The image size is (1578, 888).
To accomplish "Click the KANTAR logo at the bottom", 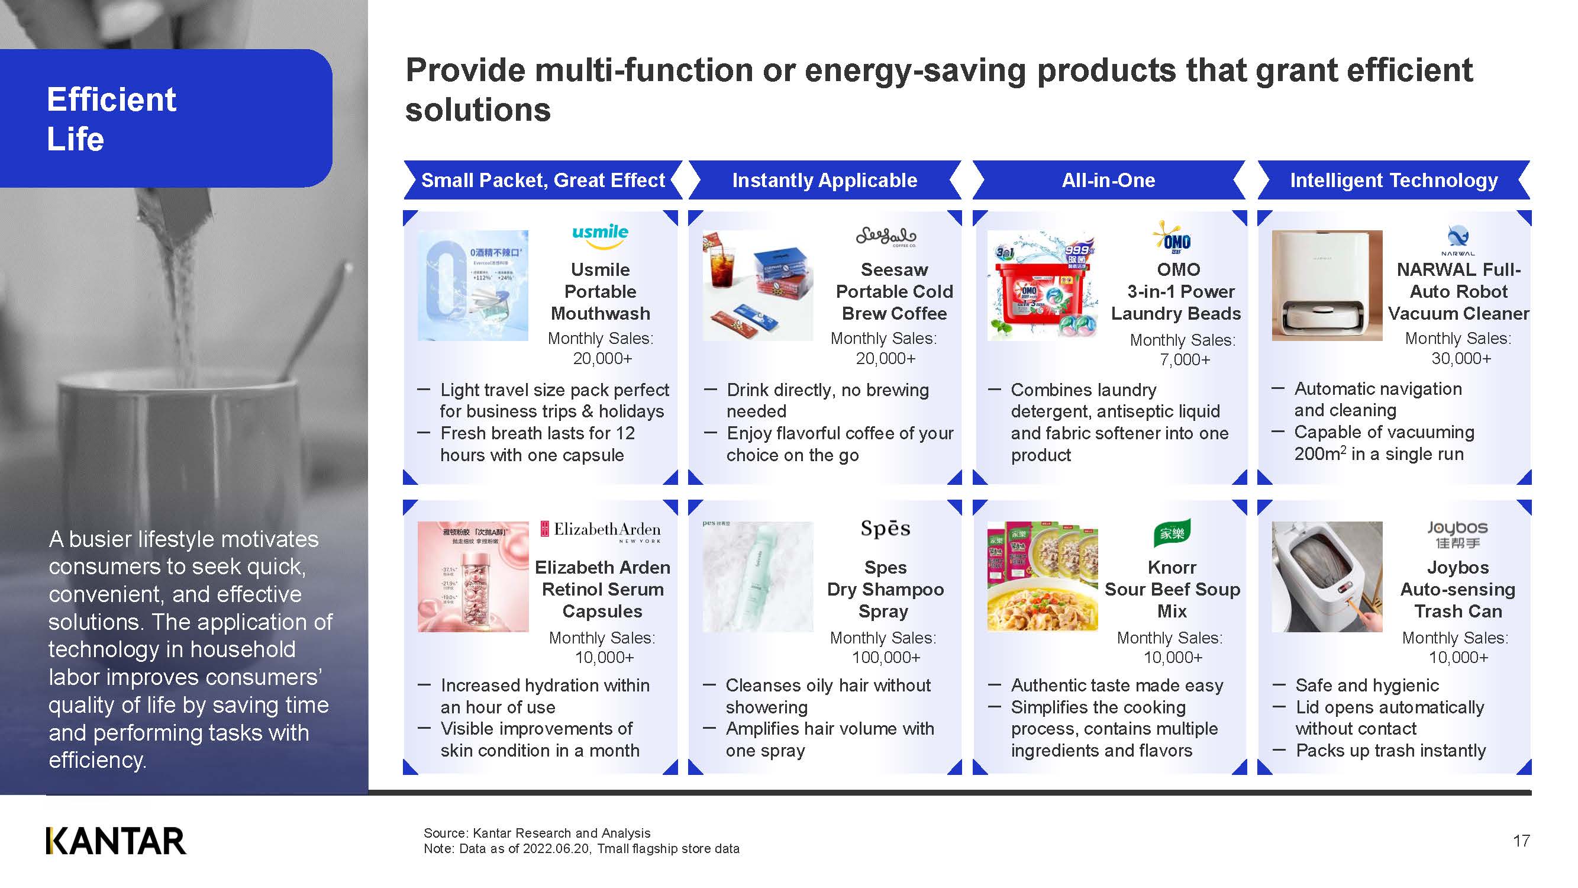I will click(x=115, y=841).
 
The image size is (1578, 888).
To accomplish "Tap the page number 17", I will click(x=1521, y=841).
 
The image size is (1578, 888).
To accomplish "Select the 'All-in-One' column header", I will click(x=1108, y=180).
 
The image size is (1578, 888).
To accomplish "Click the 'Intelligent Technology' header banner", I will click(x=1393, y=180).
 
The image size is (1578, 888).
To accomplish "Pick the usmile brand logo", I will click(x=600, y=236).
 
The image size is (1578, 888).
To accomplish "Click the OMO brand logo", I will click(x=1172, y=239).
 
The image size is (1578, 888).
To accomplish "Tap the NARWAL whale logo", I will click(x=1457, y=239).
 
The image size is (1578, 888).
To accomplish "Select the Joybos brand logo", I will click(x=1457, y=534).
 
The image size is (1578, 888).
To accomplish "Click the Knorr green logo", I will click(x=1172, y=533).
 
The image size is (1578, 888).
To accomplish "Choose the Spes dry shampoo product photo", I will click(x=758, y=577).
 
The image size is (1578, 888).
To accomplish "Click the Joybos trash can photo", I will click(x=1327, y=577).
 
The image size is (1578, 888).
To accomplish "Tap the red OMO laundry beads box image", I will click(x=1042, y=285).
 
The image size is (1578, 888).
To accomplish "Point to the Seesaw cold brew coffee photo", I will click(x=758, y=285).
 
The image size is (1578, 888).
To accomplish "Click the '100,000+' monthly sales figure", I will click(x=886, y=658).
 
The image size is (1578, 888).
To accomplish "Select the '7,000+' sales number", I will click(x=1185, y=360).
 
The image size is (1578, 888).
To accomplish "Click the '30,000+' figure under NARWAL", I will click(x=1461, y=359).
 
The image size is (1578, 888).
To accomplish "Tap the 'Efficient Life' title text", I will click(x=111, y=119).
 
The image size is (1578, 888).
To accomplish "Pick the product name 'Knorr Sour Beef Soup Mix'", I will click(x=1172, y=589).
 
